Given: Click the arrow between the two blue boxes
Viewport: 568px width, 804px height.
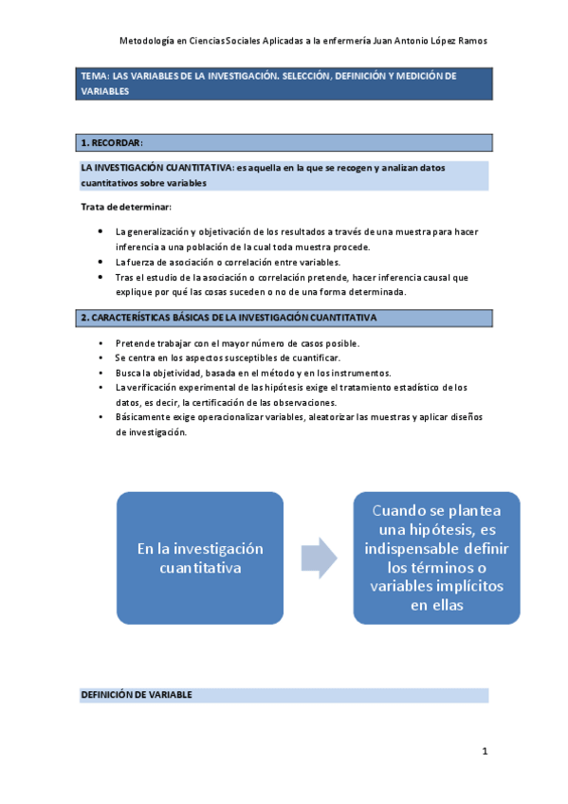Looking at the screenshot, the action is pyautogui.click(x=318, y=557).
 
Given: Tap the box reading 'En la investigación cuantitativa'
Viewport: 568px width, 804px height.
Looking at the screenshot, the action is pyautogui.click(x=200, y=558).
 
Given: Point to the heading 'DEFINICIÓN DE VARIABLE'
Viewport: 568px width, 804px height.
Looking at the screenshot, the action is pyautogui.click(x=137, y=695).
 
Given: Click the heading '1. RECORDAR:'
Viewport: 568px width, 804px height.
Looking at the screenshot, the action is pyautogui.click(x=111, y=143).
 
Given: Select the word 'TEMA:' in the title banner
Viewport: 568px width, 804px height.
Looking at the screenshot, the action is pyautogui.click(x=95, y=76).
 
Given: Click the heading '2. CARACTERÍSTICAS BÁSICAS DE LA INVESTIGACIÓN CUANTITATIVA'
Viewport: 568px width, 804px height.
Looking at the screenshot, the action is pyautogui.click(x=229, y=318).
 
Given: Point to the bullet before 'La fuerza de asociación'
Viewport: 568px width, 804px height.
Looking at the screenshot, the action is pyautogui.click(x=101, y=262).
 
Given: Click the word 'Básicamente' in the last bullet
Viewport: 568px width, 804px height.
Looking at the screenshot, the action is pyautogui.click(x=140, y=418).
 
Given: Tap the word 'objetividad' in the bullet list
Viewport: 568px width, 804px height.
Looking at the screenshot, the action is pyautogui.click(x=169, y=374).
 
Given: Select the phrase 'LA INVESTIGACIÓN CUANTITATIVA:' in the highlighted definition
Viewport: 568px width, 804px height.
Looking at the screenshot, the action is pyautogui.click(x=156, y=168).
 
